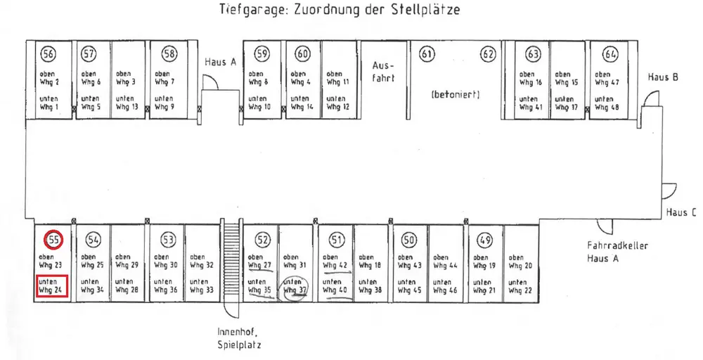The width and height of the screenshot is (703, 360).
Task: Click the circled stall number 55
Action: click(53, 240)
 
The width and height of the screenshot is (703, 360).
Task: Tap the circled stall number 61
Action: click(427, 54)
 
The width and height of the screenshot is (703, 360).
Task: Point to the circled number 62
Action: click(488, 54)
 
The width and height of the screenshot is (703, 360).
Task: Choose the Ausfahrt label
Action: click(383, 72)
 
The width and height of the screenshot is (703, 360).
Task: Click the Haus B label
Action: click(663, 77)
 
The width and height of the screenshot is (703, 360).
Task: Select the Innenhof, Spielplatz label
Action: click(239, 337)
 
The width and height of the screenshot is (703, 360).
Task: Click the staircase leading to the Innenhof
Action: click(231, 264)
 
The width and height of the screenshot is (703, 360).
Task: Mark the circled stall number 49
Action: click(484, 240)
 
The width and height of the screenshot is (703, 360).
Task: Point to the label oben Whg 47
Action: click(605, 78)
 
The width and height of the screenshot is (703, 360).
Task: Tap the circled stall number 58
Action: click(169, 54)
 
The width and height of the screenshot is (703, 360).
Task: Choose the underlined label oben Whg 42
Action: click(335, 262)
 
